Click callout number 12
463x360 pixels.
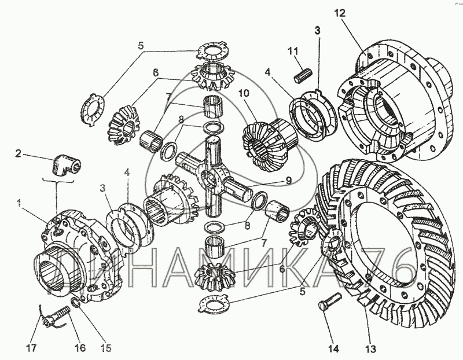pos(339,13)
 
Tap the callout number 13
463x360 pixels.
pos(370,349)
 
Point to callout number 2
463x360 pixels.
pos(19,153)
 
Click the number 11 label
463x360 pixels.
pos(292,52)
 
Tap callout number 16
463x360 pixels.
pos(79,349)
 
